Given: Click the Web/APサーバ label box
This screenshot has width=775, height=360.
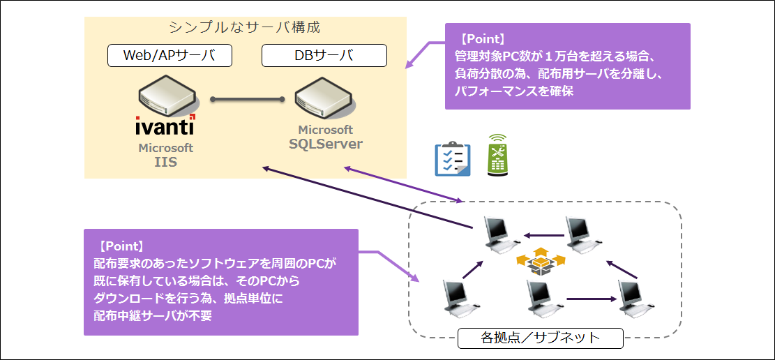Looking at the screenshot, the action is click(170, 56).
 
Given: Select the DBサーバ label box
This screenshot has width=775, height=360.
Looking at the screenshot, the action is click(324, 56).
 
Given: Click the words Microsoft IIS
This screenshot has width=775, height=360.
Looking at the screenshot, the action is click(165, 154).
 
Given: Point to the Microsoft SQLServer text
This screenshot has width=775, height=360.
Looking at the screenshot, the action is click(326, 137).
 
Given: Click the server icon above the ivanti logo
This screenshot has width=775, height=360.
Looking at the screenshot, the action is click(169, 98).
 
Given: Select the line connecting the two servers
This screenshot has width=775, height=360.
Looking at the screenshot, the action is click(247, 99).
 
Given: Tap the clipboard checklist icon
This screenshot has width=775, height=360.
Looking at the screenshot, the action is click(452, 159).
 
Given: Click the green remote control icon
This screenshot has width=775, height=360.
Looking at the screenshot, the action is click(497, 155).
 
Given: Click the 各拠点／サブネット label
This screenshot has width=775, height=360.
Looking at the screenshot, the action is click(540, 338).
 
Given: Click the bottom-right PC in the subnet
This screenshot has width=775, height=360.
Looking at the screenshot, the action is click(637, 298).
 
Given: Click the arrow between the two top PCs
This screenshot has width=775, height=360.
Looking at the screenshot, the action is click(542, 236).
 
